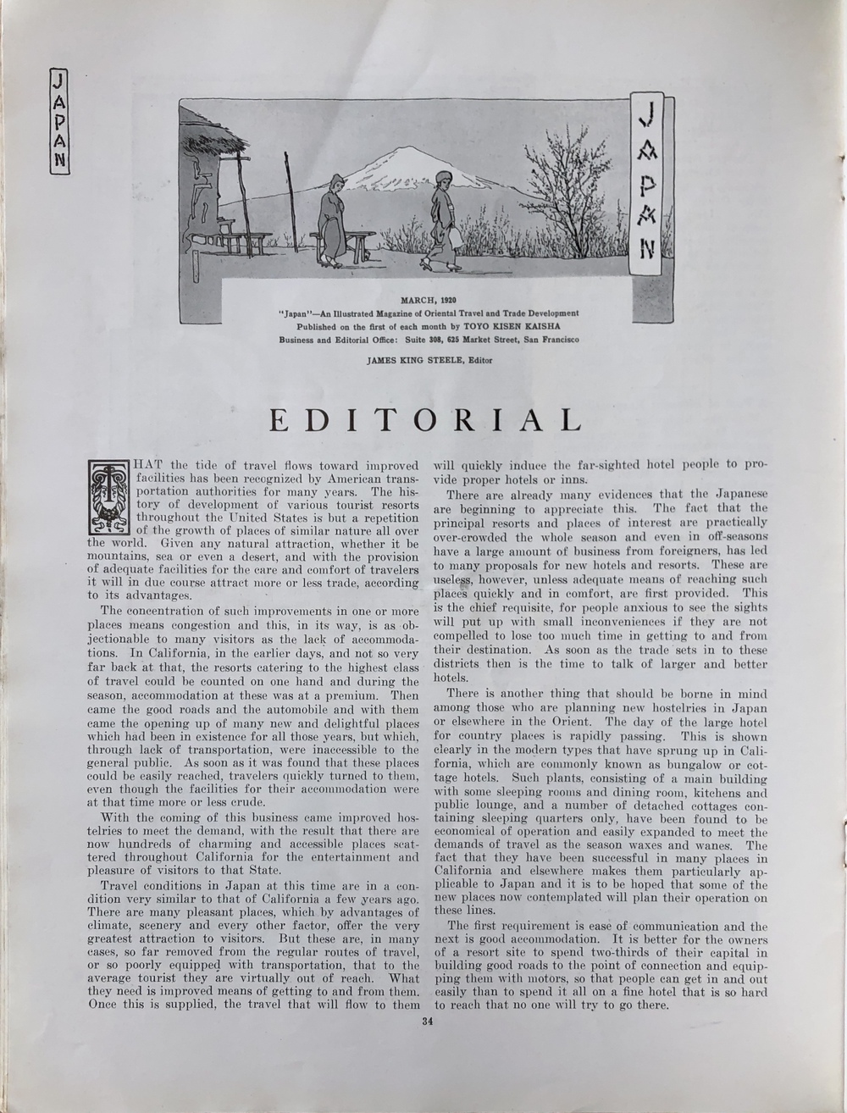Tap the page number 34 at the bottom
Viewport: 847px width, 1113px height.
(427, 1021)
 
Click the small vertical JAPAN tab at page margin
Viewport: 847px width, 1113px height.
(58, 120)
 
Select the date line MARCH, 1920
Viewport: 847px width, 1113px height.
(429, 301)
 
